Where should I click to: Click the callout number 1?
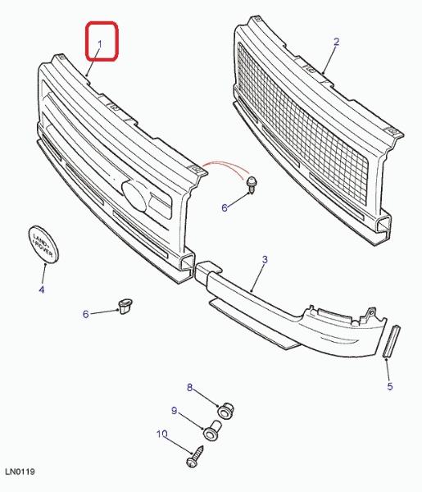point(100,44)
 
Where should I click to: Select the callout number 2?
point(337,42)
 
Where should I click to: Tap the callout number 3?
point(265,259)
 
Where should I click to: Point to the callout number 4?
point(42,289)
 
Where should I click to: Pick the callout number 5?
point(390,386)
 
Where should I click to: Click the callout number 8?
point(189,388)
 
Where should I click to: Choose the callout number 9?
point(175,411)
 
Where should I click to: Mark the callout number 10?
point(161,435)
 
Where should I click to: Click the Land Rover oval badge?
point(43,244)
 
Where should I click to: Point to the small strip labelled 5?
point(392,341)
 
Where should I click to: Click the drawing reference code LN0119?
point(20,471)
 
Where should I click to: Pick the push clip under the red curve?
point(252,184)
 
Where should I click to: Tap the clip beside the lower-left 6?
point(125,306)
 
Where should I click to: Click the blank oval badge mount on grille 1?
point(134,196)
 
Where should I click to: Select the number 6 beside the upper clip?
point(225,207)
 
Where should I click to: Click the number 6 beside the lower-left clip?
point(86,314)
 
